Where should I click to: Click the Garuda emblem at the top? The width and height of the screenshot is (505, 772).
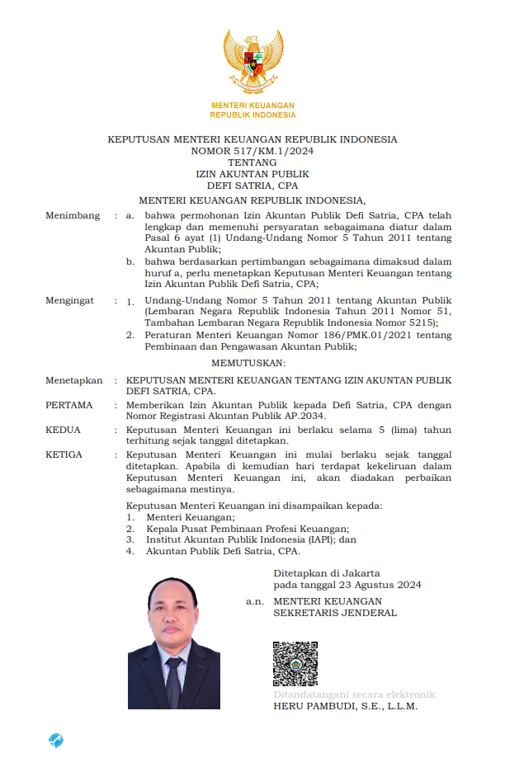coord(252,60)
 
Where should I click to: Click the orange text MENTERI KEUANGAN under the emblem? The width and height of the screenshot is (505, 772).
coord(252,106)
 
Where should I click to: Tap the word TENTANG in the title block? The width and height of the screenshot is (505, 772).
coord(252,162)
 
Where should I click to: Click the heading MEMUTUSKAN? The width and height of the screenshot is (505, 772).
coord(252,363)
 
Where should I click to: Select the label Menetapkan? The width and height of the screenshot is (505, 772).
coord(74,380)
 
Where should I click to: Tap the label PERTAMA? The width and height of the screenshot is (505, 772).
coord(69,405)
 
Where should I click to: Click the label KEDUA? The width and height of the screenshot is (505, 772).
coord(64,430)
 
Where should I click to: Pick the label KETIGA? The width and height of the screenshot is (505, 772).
coord(65,454)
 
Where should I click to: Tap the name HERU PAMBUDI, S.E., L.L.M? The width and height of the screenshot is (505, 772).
coord(346,706)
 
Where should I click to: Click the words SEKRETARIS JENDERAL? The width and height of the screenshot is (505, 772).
coord(335,613)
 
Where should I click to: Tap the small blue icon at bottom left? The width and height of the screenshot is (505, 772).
coord(56,740)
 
